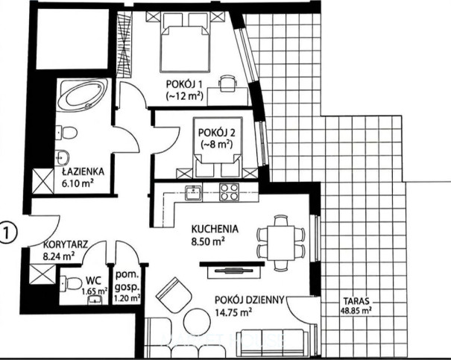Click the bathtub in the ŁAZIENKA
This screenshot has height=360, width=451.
tap(82, 95)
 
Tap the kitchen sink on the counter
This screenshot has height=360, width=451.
tap(193, 192)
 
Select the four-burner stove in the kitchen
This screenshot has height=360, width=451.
tap(229, 192)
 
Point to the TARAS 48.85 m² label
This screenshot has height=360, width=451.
tap(356, 306)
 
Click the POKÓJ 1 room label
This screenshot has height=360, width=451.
tap(184, 90)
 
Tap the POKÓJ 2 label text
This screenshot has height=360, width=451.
tap(217, 138)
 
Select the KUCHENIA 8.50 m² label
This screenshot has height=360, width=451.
tap(215, 235)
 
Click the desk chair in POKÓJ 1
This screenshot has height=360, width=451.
tap(228, 83)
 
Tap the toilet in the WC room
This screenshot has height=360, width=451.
tap(71, 283)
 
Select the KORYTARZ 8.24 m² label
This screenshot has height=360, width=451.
tap(66, 250)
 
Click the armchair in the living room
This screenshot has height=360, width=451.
tap(174, 294)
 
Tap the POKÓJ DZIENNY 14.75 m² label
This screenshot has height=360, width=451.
tap(250, 306)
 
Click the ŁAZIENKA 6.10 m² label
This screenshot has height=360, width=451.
tap(83, 177)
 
